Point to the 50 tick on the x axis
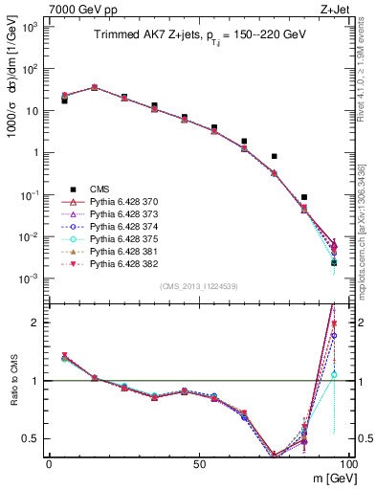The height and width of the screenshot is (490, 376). (198, 463)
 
